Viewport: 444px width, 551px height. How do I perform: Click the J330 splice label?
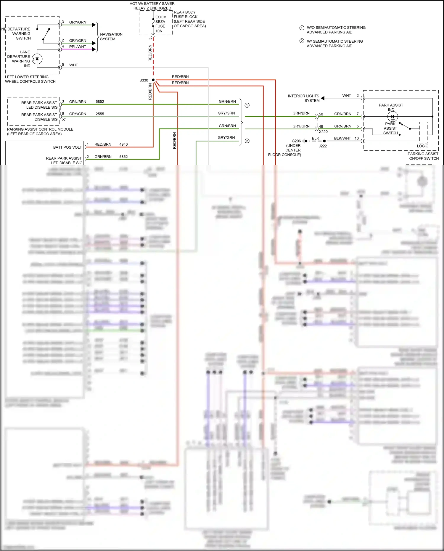click(144, 80)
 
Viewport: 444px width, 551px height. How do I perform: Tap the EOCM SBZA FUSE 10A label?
click(160, 24)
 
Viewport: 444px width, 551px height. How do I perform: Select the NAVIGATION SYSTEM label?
click(111, 37)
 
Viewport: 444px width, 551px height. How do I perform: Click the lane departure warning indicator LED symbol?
click(37, 59)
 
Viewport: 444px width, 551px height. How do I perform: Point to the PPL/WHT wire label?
click(78, 47)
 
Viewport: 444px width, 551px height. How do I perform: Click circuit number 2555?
click(100, 114)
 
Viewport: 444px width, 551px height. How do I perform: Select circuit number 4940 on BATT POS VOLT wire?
click(123, 144)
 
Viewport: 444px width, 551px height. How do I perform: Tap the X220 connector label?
click(323, 132)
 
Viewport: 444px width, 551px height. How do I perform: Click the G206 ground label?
click(296, 141)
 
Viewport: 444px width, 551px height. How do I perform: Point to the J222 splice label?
click(323, 146)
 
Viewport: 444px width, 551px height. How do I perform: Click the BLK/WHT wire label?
click(342, 138)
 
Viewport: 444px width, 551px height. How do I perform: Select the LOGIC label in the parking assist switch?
click(422, 146)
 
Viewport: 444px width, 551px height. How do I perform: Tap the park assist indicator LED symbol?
click(392, 117)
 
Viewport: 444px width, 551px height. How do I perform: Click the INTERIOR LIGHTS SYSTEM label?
click(303, 98)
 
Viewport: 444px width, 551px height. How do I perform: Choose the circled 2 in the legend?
click(302, 41)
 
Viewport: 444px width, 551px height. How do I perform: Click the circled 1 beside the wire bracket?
click(247, 105)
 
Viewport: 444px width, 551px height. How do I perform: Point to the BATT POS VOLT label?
click(67, 147)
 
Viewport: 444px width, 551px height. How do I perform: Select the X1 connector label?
click(65, 120)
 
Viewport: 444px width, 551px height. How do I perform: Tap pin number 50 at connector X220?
click(321, 114)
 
